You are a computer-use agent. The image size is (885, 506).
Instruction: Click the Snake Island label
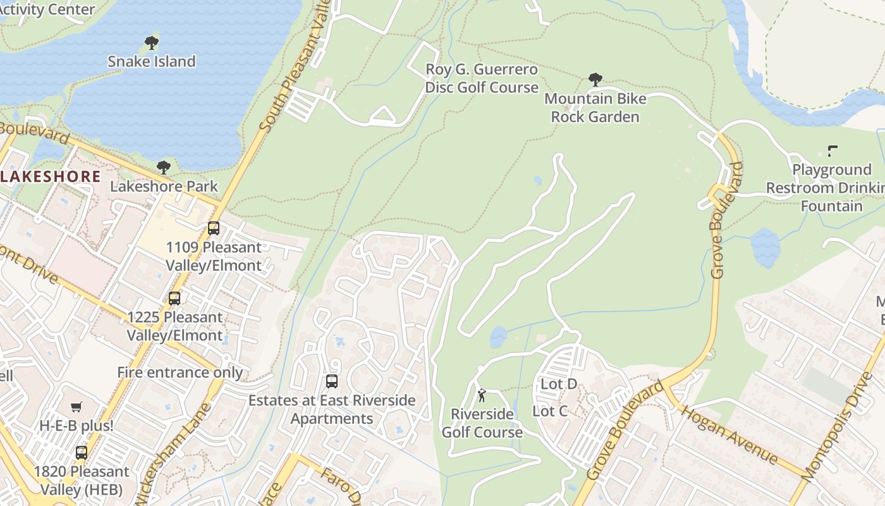(152, 61)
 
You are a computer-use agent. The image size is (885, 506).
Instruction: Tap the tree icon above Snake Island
(152, 43)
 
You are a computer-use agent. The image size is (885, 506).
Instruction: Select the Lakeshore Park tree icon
(164, 168)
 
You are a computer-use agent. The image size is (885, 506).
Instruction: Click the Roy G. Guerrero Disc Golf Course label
(482, 78)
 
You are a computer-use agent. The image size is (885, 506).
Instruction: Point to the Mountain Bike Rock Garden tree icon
(595, 80)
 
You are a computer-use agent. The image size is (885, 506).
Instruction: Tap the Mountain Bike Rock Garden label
(595, 108)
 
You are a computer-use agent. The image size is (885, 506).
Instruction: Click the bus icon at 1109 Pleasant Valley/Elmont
(214, 228)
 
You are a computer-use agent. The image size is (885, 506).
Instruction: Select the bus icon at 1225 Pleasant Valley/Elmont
(174, 299)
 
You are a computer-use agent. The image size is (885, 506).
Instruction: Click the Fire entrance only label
(180, 373)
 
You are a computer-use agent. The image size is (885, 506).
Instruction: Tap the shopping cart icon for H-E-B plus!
(76, 407)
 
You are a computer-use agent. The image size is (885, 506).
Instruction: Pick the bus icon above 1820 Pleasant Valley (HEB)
(82, 453)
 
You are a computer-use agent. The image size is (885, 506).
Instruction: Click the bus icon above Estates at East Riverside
(332, 381)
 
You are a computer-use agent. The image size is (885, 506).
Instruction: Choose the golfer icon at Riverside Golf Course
(482, 396)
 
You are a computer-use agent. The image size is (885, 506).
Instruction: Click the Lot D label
(559, 384)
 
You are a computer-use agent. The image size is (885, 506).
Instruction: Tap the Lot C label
(550, 411)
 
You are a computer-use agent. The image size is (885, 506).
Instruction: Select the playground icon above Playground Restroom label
(833, 151)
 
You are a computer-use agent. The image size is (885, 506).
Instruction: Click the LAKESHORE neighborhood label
(51, 176)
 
